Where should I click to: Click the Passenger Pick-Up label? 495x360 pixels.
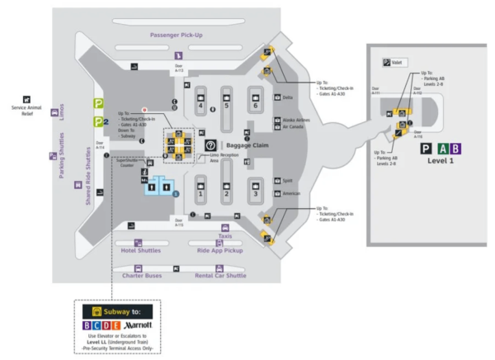click(x=176, y=36)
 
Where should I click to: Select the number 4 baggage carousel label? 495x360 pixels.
click(x=200, y=106)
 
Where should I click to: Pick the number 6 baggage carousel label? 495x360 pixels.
click(x=256, y=106)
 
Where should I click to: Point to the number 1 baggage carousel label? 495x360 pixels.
click(x=200, y=194)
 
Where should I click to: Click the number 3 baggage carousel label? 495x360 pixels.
click(x=256, y=194)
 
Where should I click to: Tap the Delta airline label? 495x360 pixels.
click(x=288, y=97)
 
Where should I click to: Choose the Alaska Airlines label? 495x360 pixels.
click(x=296, y=120)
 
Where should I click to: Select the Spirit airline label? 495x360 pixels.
click(x=288, y=180)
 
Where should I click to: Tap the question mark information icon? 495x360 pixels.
click(x=210, y=145)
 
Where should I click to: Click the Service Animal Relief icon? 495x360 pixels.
click(x=26, y=99)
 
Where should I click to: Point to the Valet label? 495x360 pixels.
click(x=398, y=63)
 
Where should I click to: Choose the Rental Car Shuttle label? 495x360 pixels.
click(x=220, y=276)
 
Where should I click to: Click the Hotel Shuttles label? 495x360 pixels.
click(x=139, y=250)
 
